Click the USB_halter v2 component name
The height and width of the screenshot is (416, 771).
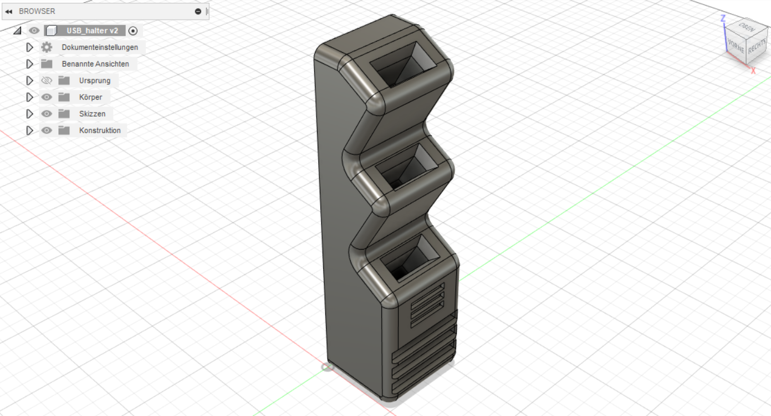click(92, 31)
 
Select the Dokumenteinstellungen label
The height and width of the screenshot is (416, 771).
click(100, 47)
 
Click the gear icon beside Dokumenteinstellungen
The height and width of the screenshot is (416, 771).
click(47, 47)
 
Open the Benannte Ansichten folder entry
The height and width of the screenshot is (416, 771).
click(95, 64)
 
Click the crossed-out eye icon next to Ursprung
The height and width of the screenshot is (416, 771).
click(47, 80)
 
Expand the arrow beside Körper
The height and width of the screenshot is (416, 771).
click(29, 97)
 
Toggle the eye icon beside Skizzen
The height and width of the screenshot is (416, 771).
click(47, 114)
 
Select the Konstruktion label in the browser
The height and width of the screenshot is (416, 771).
click(100, 130)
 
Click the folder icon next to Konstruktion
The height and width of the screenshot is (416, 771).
click(64, 130)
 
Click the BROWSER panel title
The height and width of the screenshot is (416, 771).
click(37, 11)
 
